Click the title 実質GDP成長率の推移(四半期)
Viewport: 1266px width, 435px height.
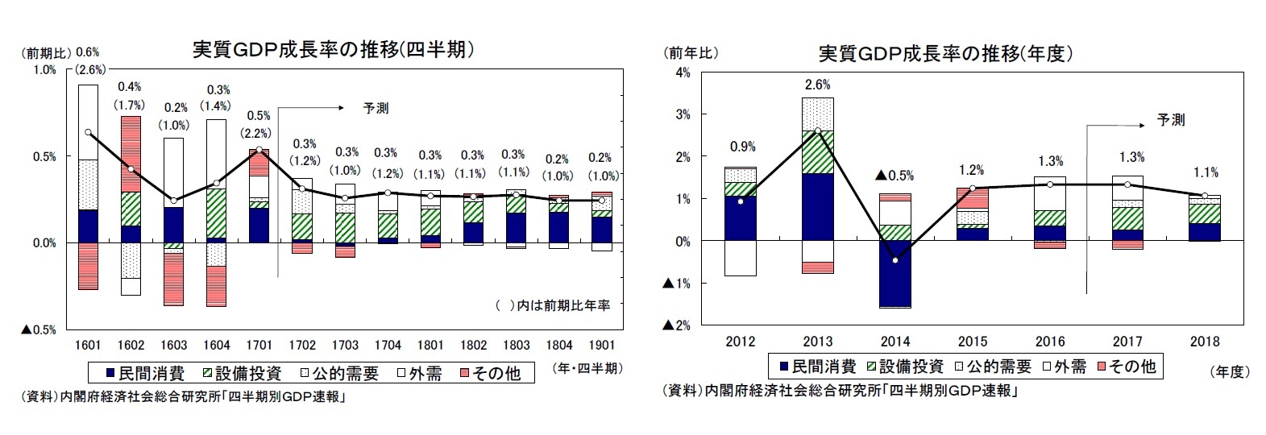(331, 50)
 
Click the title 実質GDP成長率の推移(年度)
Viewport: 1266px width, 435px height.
(945, 54)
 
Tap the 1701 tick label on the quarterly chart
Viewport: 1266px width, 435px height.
(259, 345)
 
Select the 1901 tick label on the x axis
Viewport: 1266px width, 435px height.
(602, 345)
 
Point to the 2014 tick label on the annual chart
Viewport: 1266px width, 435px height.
(895, 341)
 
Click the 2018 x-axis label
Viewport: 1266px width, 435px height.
(1204, 341)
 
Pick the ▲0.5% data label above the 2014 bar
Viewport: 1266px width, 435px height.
(895, 176)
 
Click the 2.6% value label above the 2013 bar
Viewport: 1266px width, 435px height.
(817, 85)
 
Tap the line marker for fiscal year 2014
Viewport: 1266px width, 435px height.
(895, 260)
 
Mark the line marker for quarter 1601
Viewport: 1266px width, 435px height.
(88, 132)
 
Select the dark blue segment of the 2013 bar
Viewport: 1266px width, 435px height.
(818, 206)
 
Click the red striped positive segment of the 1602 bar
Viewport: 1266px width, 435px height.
(131, 153)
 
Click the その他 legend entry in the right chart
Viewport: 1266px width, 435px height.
(1124, 367)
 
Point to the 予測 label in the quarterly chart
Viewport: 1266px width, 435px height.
(376, 108)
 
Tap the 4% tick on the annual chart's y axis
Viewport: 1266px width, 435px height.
(682, 72)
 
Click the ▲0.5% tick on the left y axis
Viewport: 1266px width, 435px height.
(39, 329)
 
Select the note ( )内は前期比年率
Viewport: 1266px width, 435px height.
(553, 305)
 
